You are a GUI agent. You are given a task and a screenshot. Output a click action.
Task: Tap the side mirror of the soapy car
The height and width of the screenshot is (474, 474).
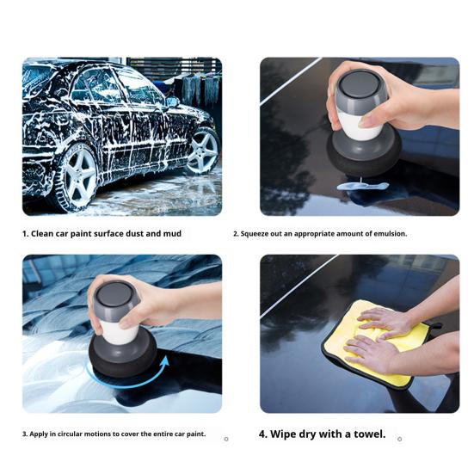click(172, 102)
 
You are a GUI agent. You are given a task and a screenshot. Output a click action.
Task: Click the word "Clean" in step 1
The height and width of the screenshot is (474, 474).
click(46, 233)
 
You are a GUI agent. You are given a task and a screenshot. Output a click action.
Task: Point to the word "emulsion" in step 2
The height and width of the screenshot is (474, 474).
click(389, 233)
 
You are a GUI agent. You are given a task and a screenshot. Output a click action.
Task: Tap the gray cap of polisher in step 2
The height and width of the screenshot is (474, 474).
click(356, 88)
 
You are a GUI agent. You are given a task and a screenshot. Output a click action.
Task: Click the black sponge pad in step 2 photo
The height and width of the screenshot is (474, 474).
click(363, 155)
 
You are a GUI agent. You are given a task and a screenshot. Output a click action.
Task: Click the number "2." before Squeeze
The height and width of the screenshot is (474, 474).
click(236, 233)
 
